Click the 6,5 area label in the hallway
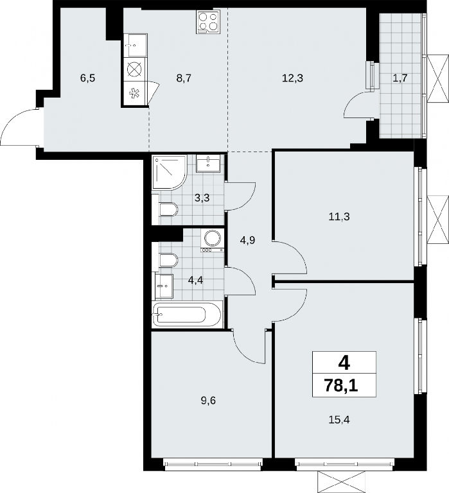87,78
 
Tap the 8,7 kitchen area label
184,78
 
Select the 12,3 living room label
292,78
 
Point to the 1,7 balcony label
400,78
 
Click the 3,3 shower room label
202,198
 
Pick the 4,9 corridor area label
247,241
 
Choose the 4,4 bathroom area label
195,280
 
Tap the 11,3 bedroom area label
339,216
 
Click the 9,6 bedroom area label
208,401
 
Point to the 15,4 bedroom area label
339,419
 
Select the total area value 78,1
341,386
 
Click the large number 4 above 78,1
344,363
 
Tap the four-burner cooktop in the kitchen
207,21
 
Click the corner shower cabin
170,172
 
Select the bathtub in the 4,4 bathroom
187,314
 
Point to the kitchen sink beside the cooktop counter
136,46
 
